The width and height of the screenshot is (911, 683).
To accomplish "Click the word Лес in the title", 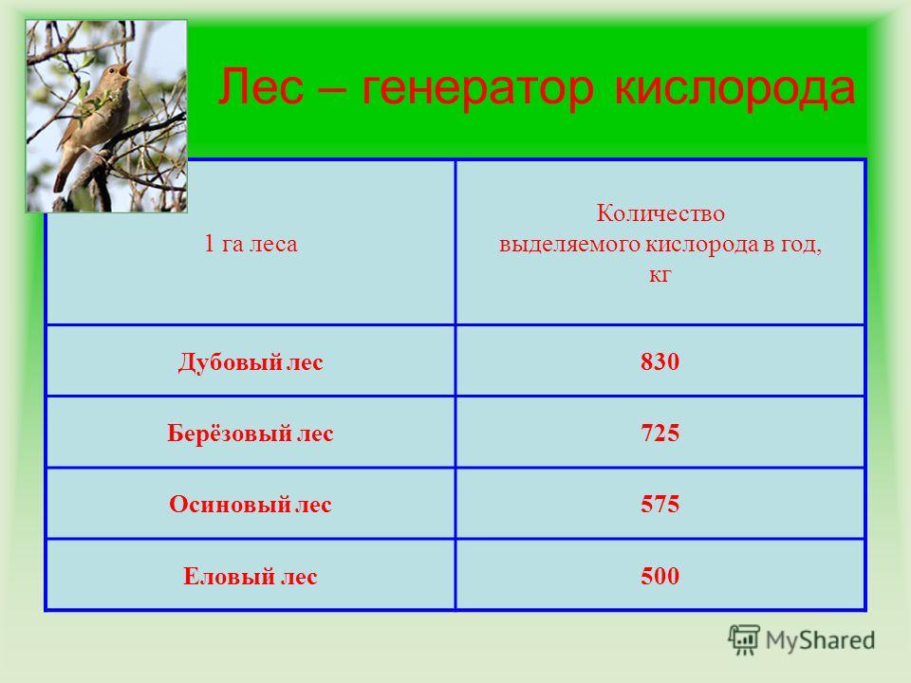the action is coord(261,86).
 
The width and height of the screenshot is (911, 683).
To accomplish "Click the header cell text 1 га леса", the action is coord(251,244).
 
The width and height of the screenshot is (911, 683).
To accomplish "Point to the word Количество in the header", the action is coord(660,213).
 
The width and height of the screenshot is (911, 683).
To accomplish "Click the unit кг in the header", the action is coord(660,274).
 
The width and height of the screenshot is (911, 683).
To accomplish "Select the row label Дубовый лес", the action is coord(251,361).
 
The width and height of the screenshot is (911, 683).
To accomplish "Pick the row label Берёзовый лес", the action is coord(251,434).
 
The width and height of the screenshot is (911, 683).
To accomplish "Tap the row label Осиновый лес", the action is coord(251,504).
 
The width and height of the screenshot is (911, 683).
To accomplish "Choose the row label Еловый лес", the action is coord(251,576).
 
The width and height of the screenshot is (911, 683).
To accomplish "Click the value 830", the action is coord(660,361).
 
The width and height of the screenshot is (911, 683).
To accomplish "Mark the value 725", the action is coord(660,434).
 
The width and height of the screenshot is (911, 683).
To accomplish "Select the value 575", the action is coord(660,504).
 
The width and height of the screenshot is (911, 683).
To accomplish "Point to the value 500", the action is coord(660,576).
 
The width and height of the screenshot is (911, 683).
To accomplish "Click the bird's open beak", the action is coord(125,68).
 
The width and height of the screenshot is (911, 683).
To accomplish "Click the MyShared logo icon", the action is coord(744,640).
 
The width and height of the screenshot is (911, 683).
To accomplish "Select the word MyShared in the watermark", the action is coord(820,640).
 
